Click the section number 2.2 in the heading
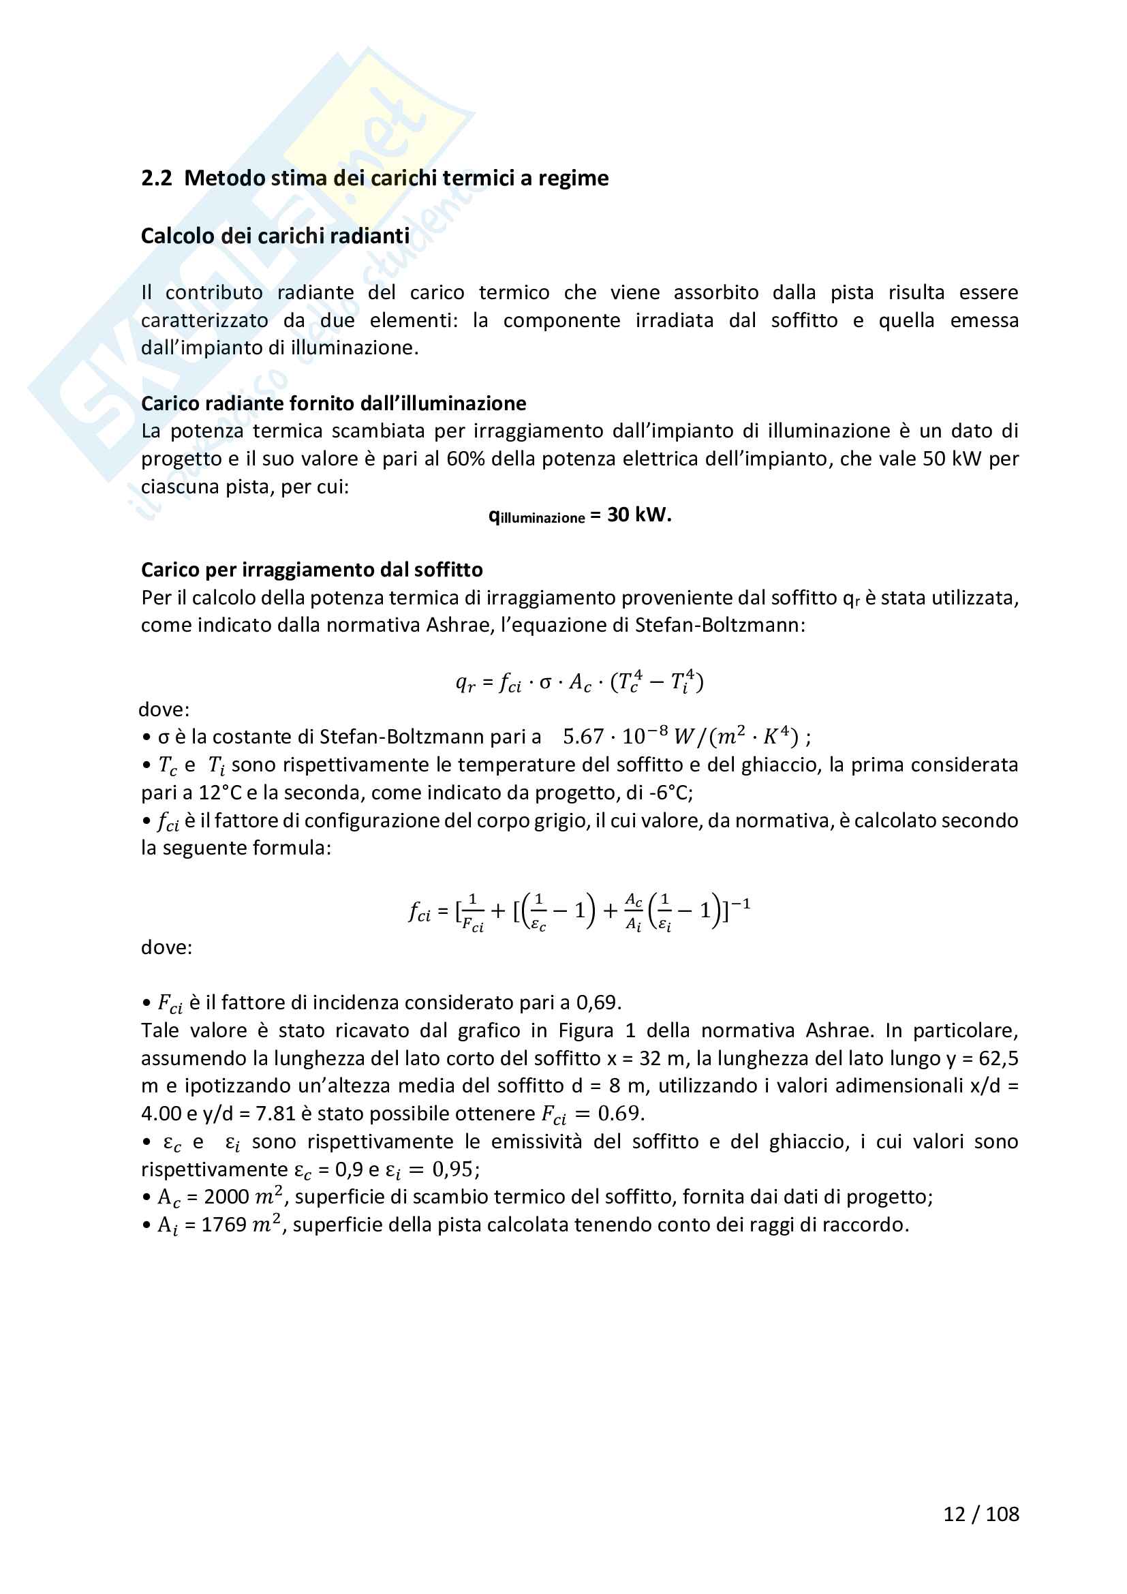pyautogui.click(x=156, y=179)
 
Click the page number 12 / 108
pyautogui.click(x=981, y=1514)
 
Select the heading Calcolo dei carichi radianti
pyautogui.click(x=275, y=236)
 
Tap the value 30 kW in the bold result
pyautogui.click(x=638, y=515)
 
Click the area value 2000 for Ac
pyautogui.click(x=226, y=1197)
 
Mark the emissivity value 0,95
pyautogui.click(x=454, y=1170)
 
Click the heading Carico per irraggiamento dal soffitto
pyautogui.click(x=311, y=570)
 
